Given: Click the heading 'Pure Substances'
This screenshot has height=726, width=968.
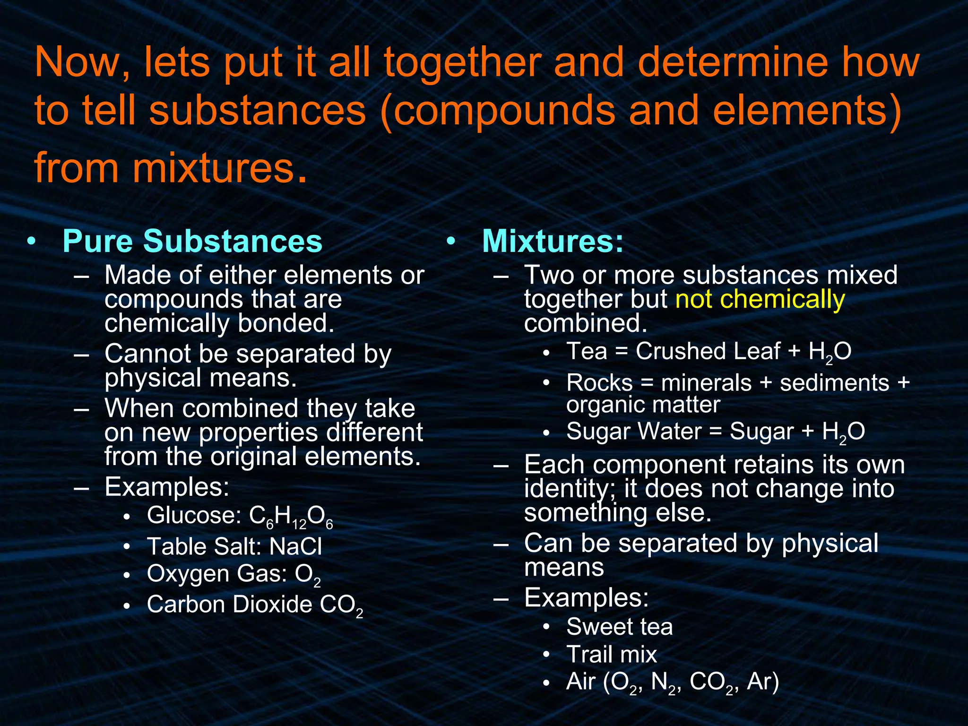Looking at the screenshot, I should [192, 242].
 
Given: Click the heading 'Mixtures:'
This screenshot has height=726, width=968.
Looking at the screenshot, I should [553, 242].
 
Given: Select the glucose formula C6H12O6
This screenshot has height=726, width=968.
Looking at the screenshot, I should [291, 516].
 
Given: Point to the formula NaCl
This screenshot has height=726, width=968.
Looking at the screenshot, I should [295, 547].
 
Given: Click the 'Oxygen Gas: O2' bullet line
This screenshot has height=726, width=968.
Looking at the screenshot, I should [233, 575].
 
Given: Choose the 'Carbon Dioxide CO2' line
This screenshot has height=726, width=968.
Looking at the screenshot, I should [255, 605].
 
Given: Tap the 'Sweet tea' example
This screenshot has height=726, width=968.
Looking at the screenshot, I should [619, 627].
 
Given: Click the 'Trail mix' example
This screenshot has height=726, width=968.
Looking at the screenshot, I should [612, 655].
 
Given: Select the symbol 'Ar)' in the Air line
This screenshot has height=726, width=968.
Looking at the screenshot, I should [763, 682].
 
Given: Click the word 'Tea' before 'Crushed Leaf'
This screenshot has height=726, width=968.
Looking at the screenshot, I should [587, 352].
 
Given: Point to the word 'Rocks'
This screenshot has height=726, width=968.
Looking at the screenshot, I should [599, 383].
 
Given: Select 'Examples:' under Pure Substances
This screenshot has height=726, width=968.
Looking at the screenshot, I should [167, 487].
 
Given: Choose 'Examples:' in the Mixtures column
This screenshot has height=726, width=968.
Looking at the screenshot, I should [586, 598].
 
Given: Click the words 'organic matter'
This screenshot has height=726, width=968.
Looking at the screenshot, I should [643, 405].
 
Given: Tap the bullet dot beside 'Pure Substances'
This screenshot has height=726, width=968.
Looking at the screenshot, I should [31, 241].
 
